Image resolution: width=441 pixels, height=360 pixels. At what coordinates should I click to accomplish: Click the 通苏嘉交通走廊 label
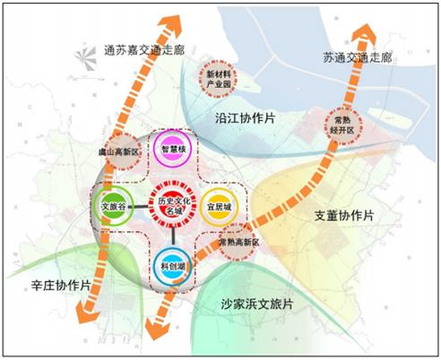click(x=144, y=50)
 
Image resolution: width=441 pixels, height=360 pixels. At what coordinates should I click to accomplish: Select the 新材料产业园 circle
click(x=219, y=76)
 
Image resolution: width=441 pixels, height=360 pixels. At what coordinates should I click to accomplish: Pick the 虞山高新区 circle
click(x=121, y=152)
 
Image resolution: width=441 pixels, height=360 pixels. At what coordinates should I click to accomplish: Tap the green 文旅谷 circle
click(x=117, y=207)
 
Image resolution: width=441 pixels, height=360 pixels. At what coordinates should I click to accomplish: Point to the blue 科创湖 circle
click(x=172, y=264)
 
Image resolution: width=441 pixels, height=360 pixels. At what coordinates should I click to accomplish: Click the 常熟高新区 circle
click(x=238, y=244)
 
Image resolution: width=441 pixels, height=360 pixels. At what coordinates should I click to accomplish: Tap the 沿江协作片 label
click(x=246, y=117)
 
